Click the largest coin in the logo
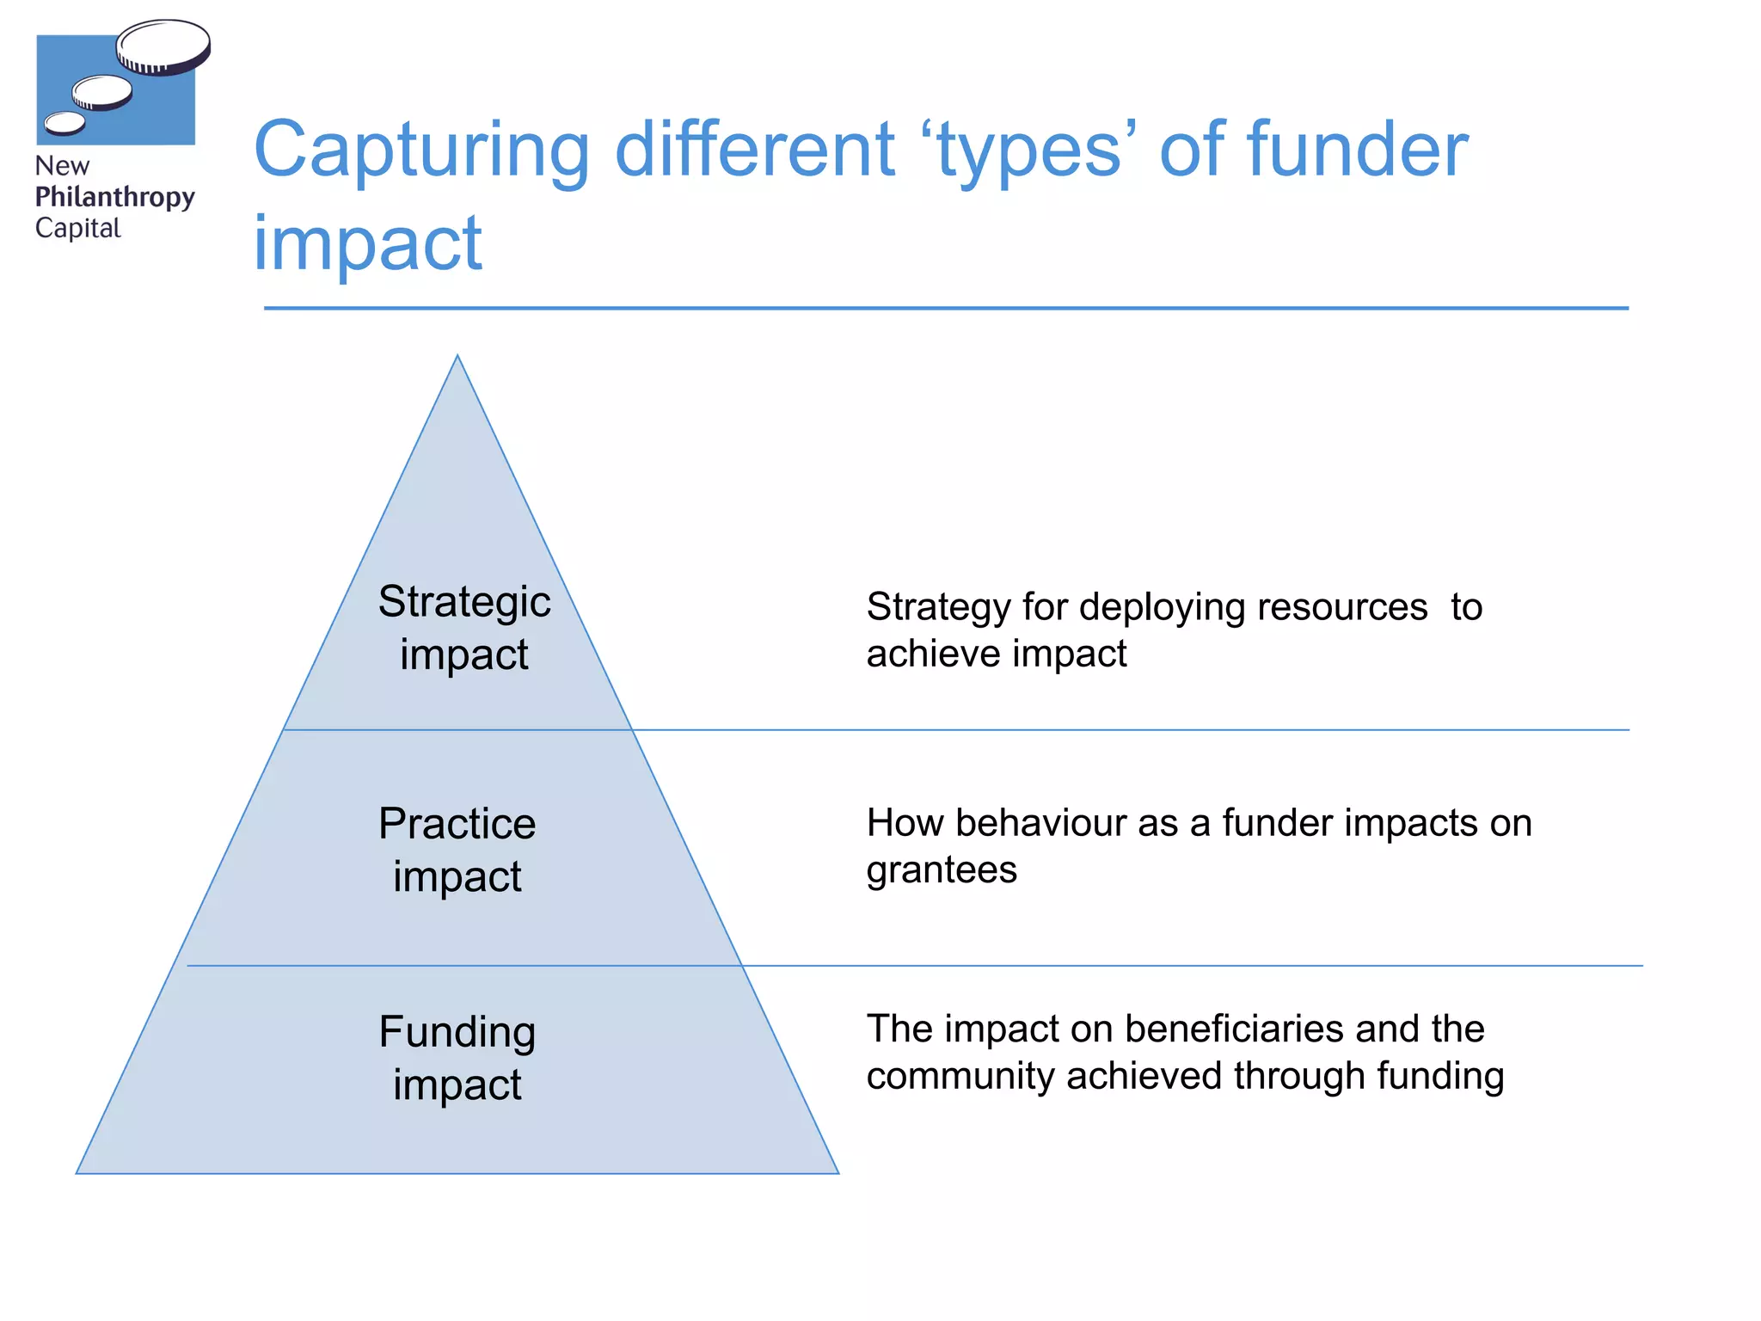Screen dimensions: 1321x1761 [163, 46]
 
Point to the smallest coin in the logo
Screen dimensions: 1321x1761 [64, 123]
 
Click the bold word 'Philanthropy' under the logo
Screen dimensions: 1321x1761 [114, 197]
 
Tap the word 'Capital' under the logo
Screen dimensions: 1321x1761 [77, 228]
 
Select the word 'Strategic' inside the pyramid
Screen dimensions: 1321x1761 [464, 601]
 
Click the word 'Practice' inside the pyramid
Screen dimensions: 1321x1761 [457, 823]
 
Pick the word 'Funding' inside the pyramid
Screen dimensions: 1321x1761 [457, 1031]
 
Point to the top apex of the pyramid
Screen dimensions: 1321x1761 [457, 357]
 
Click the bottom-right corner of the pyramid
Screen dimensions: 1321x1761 [837, 1172]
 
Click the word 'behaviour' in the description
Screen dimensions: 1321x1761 [1066, 823]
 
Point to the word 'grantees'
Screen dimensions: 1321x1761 [942, 870]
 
